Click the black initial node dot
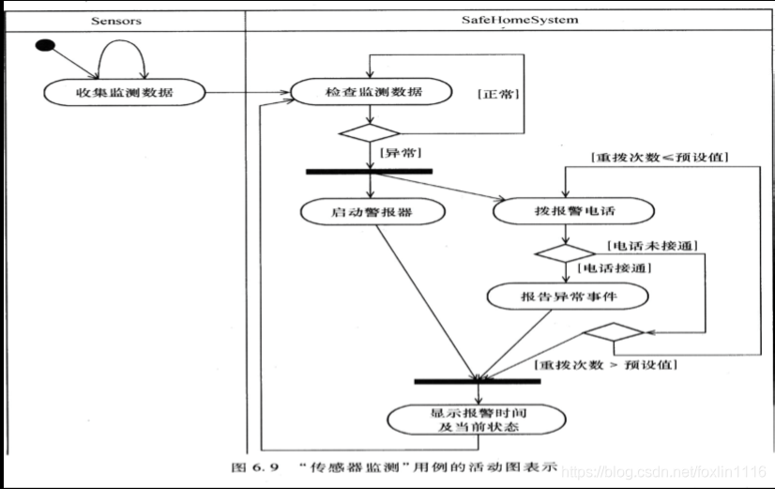point(45,45)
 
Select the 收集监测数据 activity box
point(125,93)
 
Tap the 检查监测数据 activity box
point(372,92)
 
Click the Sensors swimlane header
point(116,21)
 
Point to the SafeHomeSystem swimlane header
point(520,21)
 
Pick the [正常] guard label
point(498,94)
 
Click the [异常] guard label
point(401,153)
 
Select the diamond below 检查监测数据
point(370,133)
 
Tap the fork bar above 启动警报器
point(370,172)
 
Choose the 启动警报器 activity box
point(372,212)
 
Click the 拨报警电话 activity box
point(574,211)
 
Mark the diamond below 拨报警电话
point(566,253)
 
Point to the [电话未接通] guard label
point(652,246)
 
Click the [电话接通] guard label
point(615,268)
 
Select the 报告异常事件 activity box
point(568,297)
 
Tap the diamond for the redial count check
point(614,332)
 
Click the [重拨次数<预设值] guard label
point(660,158)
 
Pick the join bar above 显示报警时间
point(478,381)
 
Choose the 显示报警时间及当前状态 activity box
point(477,420)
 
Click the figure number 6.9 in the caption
point(266,466)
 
